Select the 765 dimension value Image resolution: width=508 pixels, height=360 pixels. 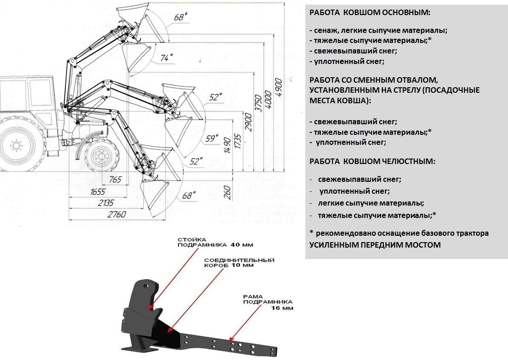pos(115,180)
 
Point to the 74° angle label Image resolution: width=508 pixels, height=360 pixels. pos(167,58)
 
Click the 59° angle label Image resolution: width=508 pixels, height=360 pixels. pos(211,139)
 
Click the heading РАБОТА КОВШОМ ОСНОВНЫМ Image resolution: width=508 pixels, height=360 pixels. pos(370,12)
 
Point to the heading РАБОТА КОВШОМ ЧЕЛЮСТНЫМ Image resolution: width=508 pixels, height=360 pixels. pos(372,161)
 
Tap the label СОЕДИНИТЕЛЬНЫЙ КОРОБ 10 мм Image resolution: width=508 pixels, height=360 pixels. pos(239,262)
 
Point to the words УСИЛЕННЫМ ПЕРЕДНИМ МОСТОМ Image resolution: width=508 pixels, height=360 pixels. pos(375,245)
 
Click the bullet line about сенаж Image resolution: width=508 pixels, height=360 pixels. pos(378,31)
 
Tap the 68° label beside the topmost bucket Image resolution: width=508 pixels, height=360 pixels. pos(181,17)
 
